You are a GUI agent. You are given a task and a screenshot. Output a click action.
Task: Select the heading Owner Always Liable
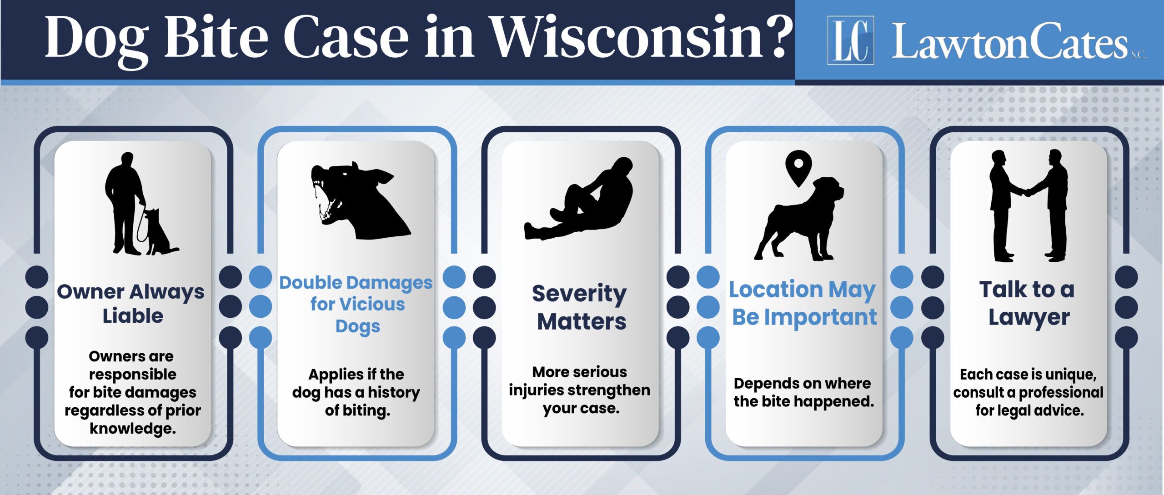tap(131, 304)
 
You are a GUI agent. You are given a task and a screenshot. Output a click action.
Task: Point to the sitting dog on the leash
tap(161, 232)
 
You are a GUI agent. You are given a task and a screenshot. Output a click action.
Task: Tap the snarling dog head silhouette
tap(359, 200)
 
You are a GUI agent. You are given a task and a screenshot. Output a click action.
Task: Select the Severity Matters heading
tap(580, 307)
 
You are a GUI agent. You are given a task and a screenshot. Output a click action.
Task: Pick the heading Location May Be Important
tap(803, 303)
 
